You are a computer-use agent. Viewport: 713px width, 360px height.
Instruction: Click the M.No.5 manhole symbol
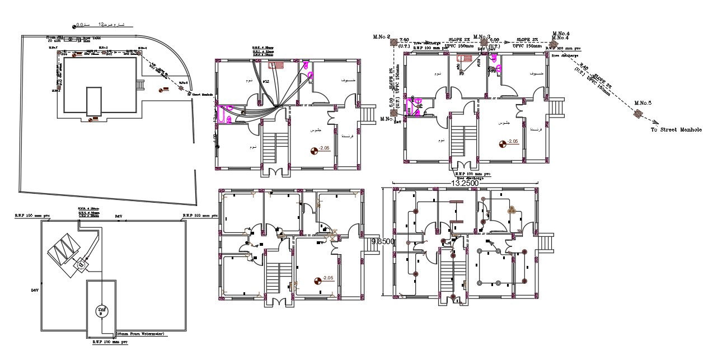click(637, 114)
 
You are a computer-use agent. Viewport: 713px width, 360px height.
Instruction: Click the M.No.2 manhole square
click(394, 41)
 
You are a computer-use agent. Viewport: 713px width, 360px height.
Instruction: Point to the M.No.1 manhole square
click(394, 113)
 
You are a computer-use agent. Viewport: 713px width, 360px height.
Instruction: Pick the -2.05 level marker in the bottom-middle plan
click(318, 279)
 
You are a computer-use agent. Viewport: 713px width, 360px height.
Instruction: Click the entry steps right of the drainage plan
click(559, 106)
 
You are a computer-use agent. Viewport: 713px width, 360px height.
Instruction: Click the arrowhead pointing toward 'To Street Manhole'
click(656, 123)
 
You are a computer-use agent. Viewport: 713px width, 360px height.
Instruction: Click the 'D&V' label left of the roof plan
click(35, 290)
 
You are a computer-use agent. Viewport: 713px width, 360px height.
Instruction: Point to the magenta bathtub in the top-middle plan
click(227, 114)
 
